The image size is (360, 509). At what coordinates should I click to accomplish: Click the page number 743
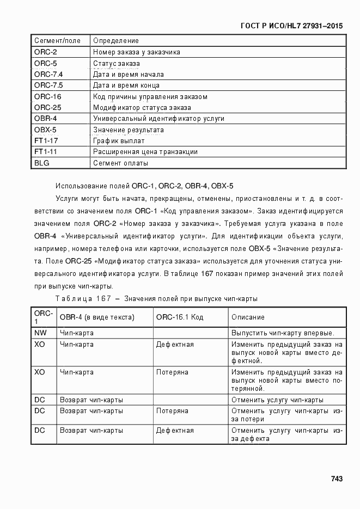[x=336, y=479]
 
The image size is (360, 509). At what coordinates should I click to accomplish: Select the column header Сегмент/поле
[x=57, y=41]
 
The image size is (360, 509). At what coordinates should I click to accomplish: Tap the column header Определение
[x=116, y=41]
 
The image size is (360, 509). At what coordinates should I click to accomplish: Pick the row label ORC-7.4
[x=48, y=75]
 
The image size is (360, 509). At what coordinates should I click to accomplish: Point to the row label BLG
[x=41, y=163]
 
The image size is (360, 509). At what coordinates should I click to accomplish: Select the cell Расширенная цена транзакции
[x=145, y=152]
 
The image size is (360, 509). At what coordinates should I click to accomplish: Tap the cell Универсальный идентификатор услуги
[x=158, y=119]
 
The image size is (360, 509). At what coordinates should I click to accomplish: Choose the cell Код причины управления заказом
[x=150, y=97]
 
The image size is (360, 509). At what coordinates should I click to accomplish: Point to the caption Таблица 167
[x=83, y=299]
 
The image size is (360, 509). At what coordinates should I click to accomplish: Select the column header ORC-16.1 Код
[x=179, y=317]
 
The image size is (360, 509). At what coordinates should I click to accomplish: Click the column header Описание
[x=248, y=317]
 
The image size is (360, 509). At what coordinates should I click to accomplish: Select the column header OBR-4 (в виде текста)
[x=97, y=317]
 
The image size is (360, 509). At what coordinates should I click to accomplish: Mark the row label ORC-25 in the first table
[x=47, y=108]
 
